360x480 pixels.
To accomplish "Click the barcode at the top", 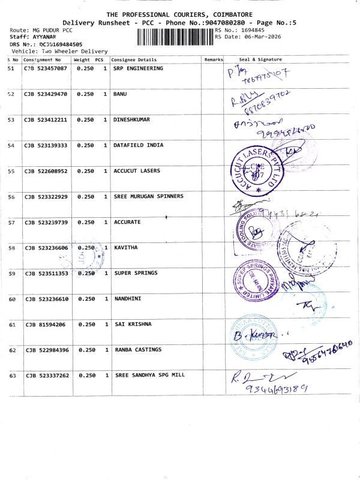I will coord(175,37).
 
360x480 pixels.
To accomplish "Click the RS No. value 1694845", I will coord(251,29).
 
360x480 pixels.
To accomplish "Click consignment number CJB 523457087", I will coord(46,69).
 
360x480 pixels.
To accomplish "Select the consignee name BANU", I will coord(120,94).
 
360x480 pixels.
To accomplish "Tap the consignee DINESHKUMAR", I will coord(131,119).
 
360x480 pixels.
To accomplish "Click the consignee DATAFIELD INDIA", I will coord(136,145).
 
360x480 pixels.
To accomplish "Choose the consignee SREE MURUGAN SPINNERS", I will coord(148,196).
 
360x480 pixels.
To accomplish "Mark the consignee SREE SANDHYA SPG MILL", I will coord(149,375).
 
